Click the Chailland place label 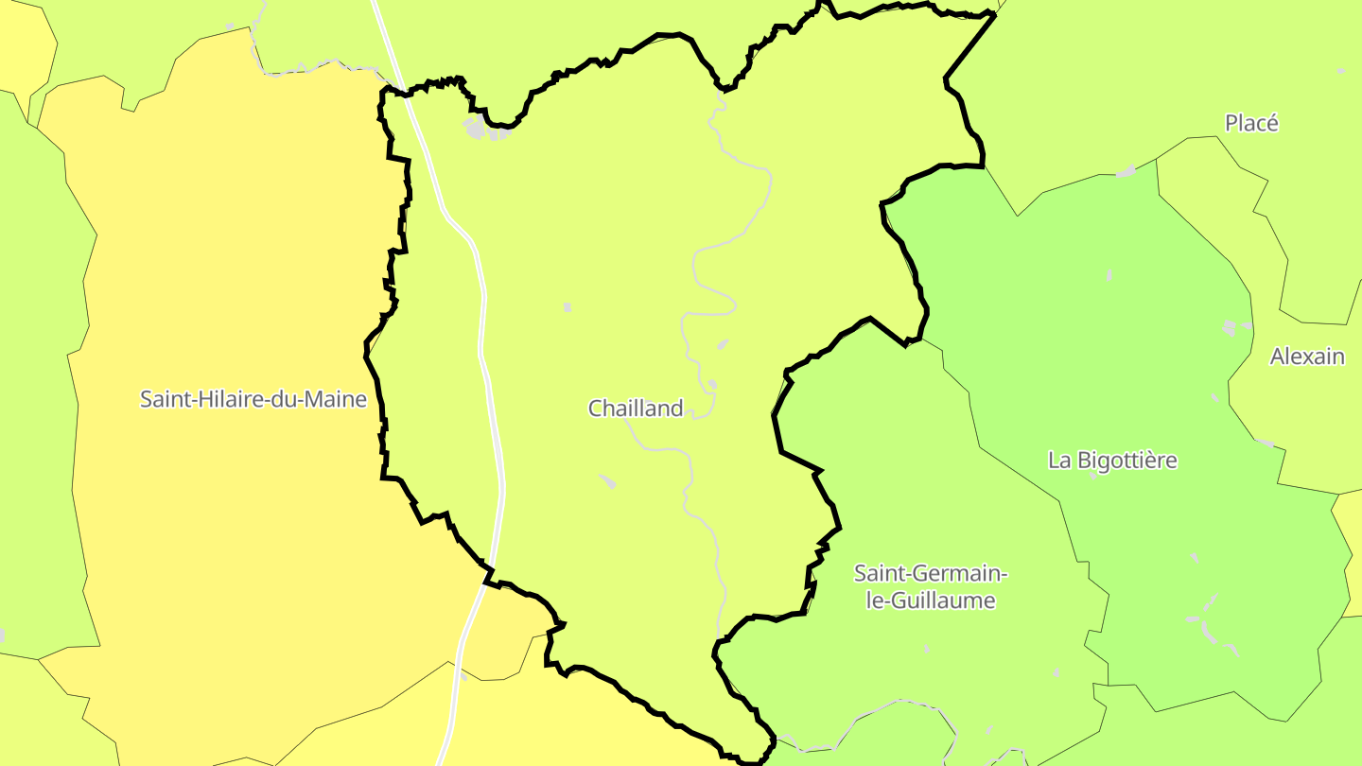click(636, 409)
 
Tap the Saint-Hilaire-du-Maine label click(253, 399)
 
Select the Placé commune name click(1251, 123)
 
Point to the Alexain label click(1307, 357)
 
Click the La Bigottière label click(1112, 461)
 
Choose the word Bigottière click(1126, 461)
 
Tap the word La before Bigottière click(1058, 461)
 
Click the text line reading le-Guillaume click(931, 601)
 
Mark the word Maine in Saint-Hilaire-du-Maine click(339, 399)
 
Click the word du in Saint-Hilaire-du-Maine click(288, 399)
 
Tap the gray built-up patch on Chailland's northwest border click(476, 128)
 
